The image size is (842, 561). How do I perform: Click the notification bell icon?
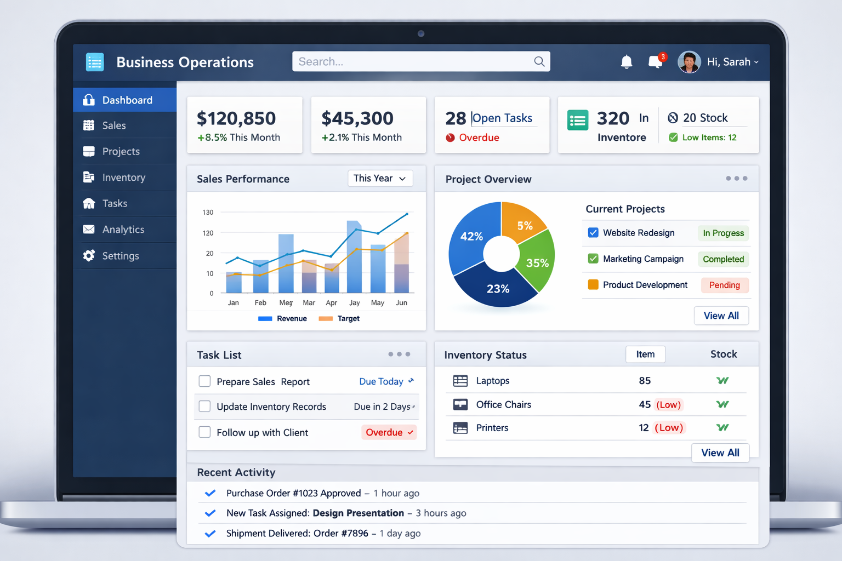pyautogui.click(x=627, y=62)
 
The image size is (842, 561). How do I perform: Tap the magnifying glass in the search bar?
pyautogui.click(x=539, y=61)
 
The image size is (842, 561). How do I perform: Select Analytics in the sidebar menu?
pyautogui.click(x=123, y=230)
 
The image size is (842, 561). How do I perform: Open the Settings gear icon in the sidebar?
pyautogui.click(x=89, y=256)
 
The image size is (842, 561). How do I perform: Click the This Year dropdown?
pyautogui.click(x=380, y=179)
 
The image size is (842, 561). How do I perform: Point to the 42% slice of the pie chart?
pyautogui.click(x=470, y=237)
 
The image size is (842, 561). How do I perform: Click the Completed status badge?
pyautogui.click(x=723, y=259)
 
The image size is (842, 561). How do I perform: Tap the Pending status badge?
pyautogui.click(x=724, y=285)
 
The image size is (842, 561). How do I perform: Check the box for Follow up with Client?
pyautogui.click(x=204, y=432)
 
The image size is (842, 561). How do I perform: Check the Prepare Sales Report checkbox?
pyautogui.click(x=204, y=381)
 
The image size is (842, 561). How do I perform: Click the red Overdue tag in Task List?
pyautogui.click(x=389, y=432)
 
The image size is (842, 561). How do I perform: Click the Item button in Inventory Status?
pyautogui.click(x=645, y=354)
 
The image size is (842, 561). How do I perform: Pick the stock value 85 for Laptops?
pyautogui.click(x=645, y=381)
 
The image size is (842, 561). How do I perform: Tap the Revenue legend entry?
pyautogui.click(x=283, y=319)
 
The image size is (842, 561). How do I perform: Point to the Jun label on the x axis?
pyautogui.click(x=402, y=303)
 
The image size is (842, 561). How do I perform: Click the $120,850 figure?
pyautogui.click(x=236, y=118)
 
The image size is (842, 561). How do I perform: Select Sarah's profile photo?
pyautogui.click(x=689, y=62)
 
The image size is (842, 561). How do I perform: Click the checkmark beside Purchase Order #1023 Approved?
pyautogui.click(x=210, y=493)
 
